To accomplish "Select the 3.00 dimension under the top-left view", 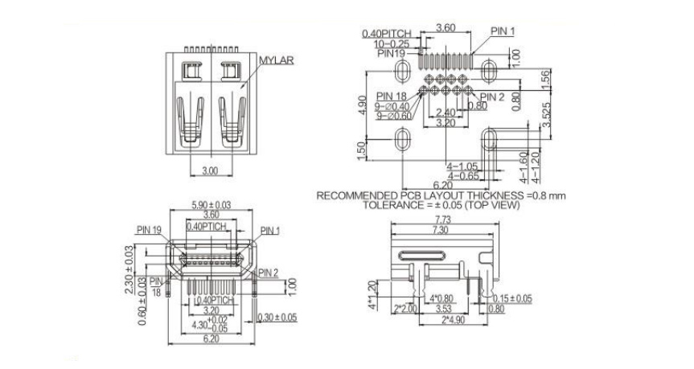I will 209,171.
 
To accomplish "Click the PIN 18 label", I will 391,96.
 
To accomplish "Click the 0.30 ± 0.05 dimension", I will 277,318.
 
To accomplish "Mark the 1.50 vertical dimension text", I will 363,150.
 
